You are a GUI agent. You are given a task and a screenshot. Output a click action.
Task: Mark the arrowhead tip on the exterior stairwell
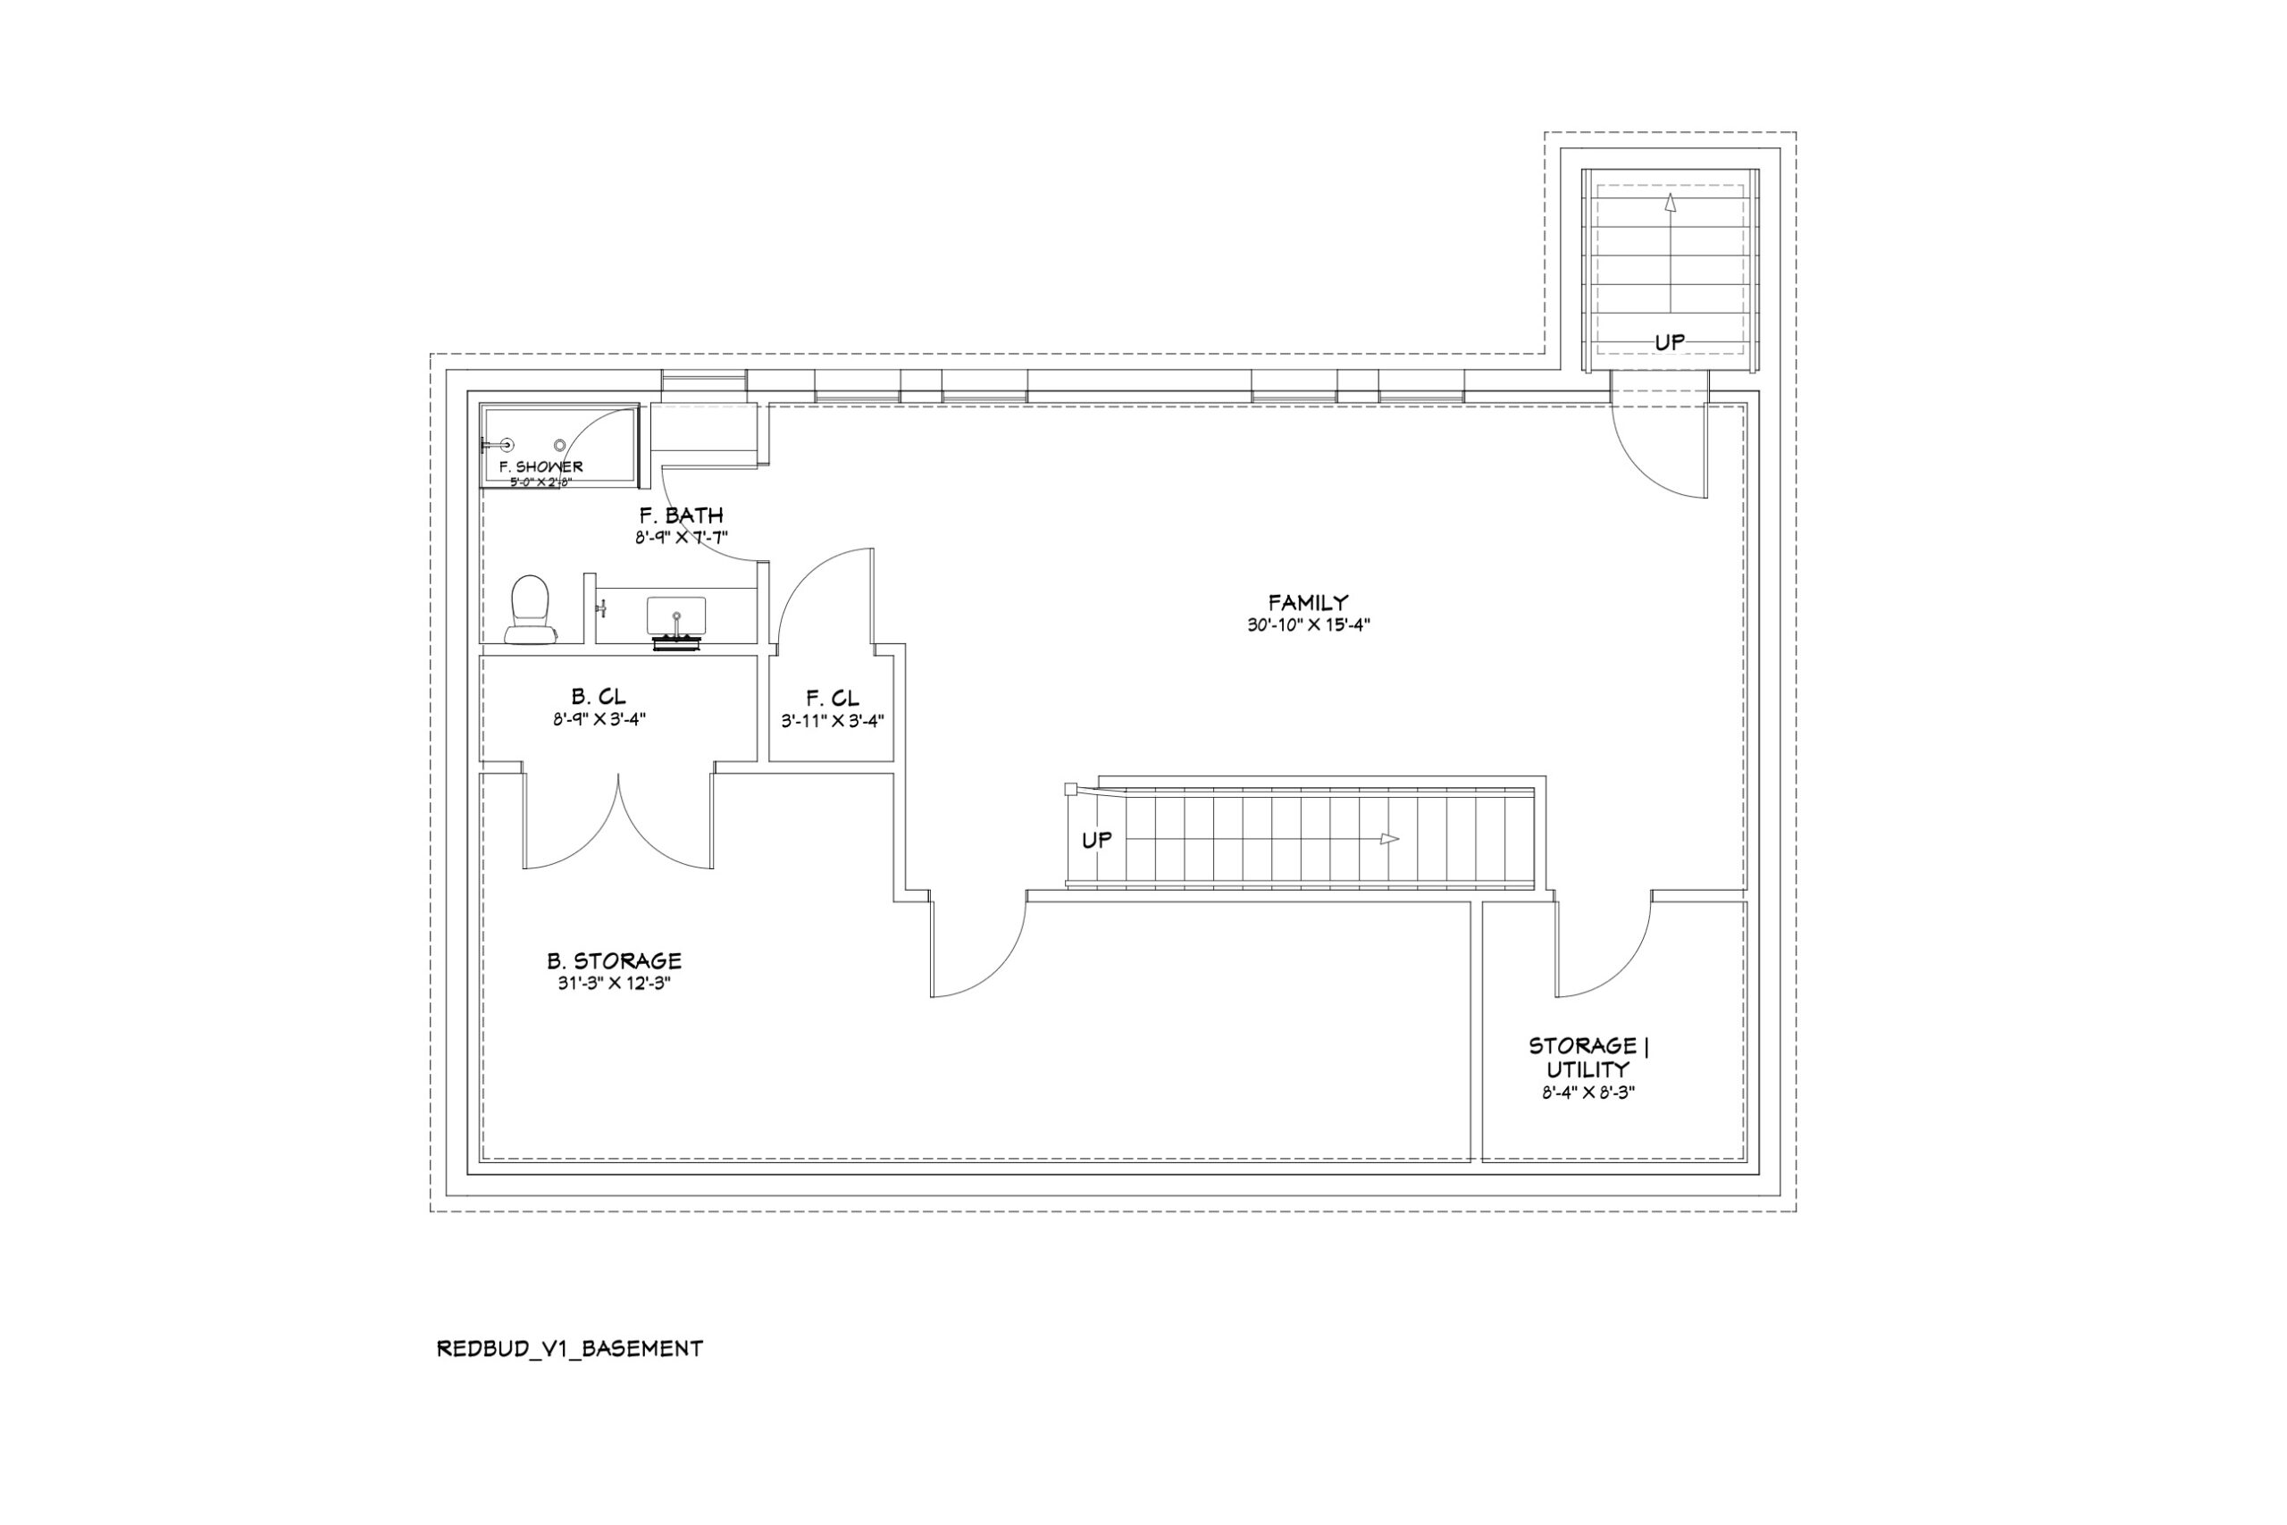pos(1670,194)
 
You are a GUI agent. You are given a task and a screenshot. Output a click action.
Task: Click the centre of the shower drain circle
pos(560,445)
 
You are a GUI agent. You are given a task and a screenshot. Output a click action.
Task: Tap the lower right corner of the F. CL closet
pos(893,760)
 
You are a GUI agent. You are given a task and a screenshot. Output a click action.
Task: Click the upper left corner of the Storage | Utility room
pos(1483,902)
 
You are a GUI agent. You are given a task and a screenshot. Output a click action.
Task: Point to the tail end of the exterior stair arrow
pos(1670,312)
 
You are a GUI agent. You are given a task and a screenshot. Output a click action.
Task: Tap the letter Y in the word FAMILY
pos(1341,603)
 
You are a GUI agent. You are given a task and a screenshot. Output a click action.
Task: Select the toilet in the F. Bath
pos(530,610)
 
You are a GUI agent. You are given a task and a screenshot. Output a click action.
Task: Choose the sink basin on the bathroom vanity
pos(677,615)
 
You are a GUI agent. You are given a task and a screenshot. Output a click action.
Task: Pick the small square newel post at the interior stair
pos(1069,789)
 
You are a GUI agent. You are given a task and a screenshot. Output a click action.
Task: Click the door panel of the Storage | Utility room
pos(1554,948)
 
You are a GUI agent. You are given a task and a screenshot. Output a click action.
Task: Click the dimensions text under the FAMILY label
pos(1308,625)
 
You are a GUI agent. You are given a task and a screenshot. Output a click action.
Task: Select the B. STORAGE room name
pos(614,961)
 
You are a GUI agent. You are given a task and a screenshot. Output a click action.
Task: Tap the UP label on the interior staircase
pos(1096,840)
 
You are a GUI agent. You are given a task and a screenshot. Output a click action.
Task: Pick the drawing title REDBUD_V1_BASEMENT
pos(570,1349)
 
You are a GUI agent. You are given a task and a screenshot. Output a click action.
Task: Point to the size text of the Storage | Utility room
pos(1587,1093)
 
